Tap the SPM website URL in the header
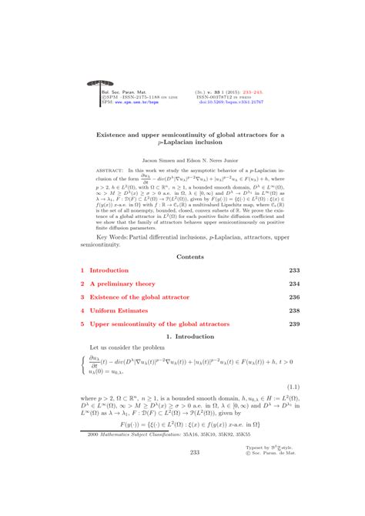coord(118,101)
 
